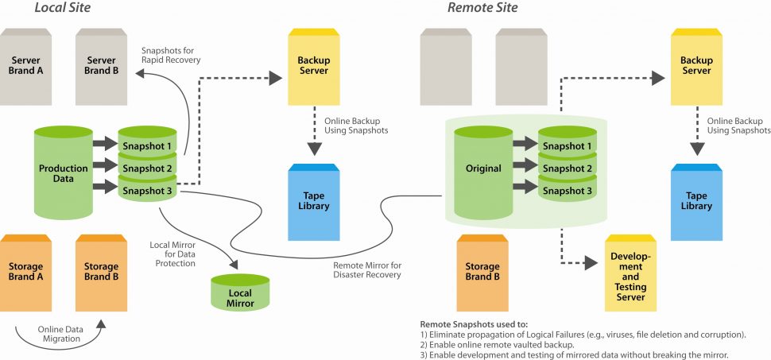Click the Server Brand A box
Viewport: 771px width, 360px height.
click(x=25, y=67)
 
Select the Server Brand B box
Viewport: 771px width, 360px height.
click(x=101, y=67)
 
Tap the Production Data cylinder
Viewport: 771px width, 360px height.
click(x=64, y=172)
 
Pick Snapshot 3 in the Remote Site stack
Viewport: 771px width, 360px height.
click(x=568, y=190)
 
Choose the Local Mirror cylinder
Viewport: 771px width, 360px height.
click(x=241, y=292)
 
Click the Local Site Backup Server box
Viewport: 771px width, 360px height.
click(x=313, y=67)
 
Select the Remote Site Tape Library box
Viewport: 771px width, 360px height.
click(x=697, y=202)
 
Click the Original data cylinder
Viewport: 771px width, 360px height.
click(x=483, y=172)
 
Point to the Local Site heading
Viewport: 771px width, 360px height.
click(x=63, y=7)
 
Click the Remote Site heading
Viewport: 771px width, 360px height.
click(x=482, y=7)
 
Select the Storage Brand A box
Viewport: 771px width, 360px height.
click(x=25, y=273)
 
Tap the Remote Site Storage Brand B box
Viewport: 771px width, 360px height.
click(x=482, y=273)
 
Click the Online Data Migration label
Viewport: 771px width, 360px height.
click(x=60, y=334)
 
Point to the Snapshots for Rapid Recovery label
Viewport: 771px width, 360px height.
click(x=171, y=55)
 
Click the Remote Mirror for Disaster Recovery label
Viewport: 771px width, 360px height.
click(x=366, y=270)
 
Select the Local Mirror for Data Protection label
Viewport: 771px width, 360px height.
click(x=175, y=254)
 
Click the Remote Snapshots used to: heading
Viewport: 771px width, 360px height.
click(x=474, y=324)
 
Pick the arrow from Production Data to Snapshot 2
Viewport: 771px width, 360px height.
click(x=106, y=165)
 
